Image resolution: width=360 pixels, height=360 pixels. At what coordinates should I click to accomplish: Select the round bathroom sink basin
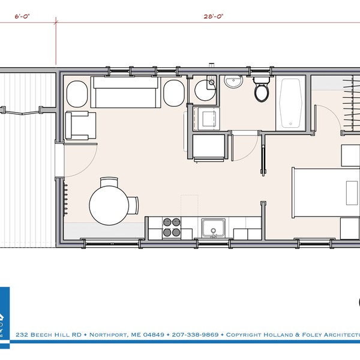(x=233, y=82)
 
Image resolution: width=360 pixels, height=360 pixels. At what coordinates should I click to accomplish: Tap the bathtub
(x=292, y=103)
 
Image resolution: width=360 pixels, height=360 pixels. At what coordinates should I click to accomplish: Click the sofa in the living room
(x=124, y=93)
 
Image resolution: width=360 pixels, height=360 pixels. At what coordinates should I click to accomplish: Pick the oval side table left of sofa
(x=77, y=94)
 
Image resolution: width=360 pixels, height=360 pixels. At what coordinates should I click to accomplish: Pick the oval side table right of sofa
(x=173, y=94)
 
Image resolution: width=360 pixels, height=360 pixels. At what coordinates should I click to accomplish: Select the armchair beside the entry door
(x=79, y=125)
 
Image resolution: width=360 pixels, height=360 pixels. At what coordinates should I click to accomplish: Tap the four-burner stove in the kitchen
(x=172, y=227)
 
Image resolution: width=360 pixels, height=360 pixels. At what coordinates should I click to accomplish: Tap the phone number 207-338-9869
(x=195, y=334)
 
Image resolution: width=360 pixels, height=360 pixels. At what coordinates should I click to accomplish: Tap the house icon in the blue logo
(x=2, y=318)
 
